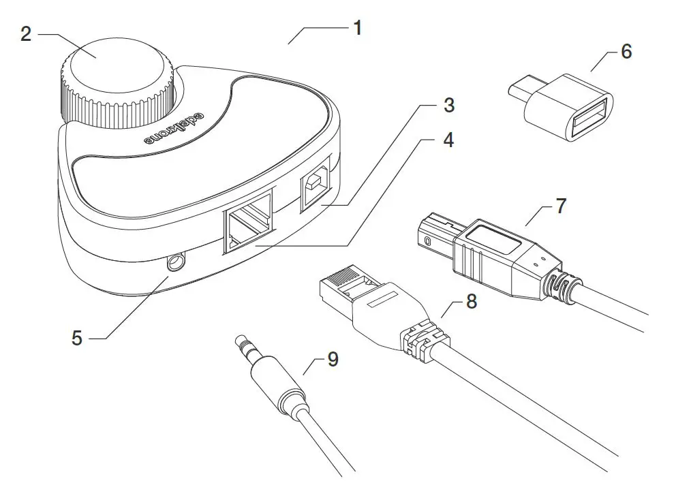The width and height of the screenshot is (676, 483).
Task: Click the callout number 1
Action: tap(357, 28)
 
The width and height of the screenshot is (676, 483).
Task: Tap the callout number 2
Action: tap(26, 34)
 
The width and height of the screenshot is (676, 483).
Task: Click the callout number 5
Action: tap(77, 337)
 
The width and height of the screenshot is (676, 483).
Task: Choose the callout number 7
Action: tap(560, 206)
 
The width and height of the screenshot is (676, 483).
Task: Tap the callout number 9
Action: tap(333, 358)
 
